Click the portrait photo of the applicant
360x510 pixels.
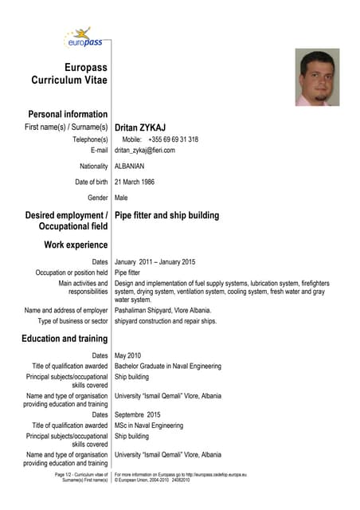pyautogui.click(x=317, y=77)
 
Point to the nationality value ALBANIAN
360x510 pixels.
pyautogui.click(x=130, y=166)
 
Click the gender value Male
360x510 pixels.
pyautogui.click(x=121, y=197)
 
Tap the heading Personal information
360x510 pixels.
pyautogui.click(x=68, y=114)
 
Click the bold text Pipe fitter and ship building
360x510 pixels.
pyautogui.click(x=166, y=215)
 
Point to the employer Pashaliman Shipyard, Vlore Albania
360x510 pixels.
pyautogui.click(x=162, y=310)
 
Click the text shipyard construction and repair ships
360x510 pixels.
pyautogui.click(x=165, y=321)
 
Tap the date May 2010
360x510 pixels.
pyautogui.click(x=127, y=355)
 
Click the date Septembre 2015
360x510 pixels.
pyautogui.click(x=137, y=414)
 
